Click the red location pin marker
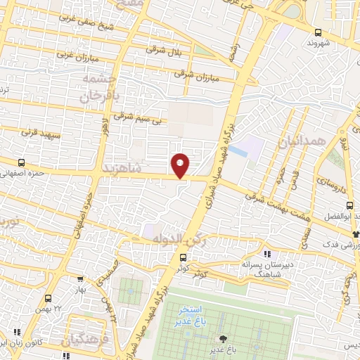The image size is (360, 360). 180,165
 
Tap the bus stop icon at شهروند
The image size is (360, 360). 319,32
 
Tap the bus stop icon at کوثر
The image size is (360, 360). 183,257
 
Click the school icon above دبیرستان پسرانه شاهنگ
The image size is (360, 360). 266,254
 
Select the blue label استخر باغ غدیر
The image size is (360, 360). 191,314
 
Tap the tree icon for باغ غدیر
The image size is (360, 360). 224,339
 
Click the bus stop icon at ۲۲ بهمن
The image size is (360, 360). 48,297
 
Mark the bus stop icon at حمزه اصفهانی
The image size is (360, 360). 21,162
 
